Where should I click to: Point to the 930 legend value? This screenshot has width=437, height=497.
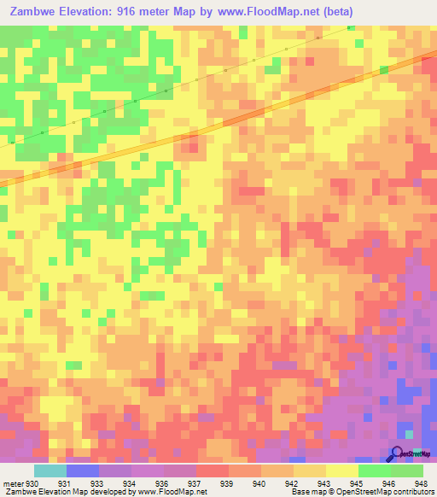[x=32, y=483]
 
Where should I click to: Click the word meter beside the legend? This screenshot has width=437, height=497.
[x=12, y=483]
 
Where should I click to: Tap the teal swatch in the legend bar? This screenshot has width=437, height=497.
[x=50, y=471]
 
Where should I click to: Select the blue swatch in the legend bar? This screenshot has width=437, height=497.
[x=82, y=471]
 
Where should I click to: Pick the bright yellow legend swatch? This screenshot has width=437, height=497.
[x=341, y=471]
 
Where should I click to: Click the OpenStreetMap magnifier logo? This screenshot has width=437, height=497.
[x=397, y=455]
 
